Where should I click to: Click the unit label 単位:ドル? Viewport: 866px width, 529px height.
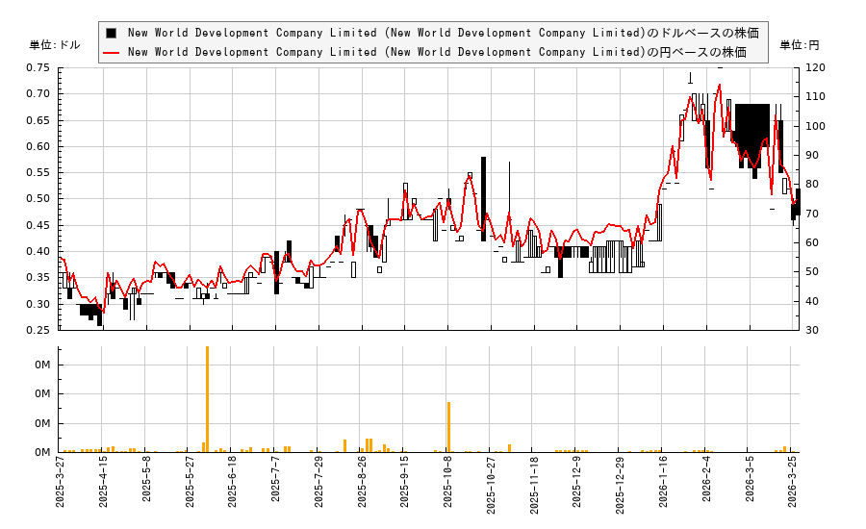[x=55, y=45]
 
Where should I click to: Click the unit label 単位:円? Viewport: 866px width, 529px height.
[x=799, y=45]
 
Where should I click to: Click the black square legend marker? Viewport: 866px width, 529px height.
[x=112, y=33]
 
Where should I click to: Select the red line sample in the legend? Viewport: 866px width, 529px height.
[x=112, y=52]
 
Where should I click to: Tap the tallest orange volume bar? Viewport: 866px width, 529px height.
[x=207, y=399]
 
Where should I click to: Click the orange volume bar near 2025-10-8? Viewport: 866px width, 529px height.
[x=448, y=427]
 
